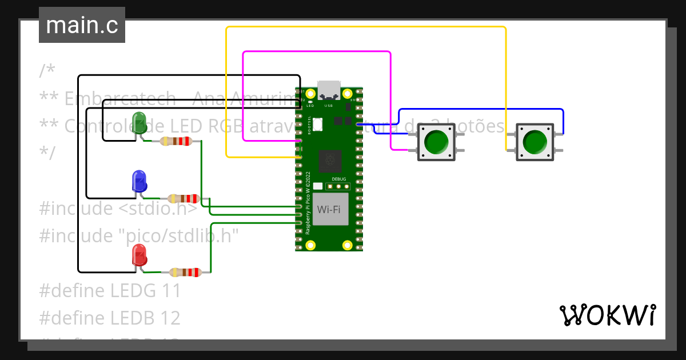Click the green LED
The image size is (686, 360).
(x=139, y=122)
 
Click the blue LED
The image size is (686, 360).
(x=139, y=181)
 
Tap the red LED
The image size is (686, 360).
(x=139, y=254)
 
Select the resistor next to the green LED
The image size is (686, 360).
(x=176, y=141)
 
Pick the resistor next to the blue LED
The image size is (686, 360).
(x=182, y=199)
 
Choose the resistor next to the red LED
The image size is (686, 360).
(x=186, y=273)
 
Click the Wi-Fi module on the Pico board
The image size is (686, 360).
(x=330, y=209)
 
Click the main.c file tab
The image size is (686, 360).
(x=82, y=25)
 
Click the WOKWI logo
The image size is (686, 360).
(x=607, y=315)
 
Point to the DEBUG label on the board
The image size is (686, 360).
(x=338, y=179)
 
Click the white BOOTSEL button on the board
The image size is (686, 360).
(x=318, y=122)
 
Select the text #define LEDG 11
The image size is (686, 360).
(x=110, y=290)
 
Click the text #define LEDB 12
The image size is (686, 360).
(x=110, y=317)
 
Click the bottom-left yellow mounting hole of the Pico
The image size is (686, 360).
(x=310, y=245)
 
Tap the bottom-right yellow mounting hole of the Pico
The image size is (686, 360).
(x=347, y=245)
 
